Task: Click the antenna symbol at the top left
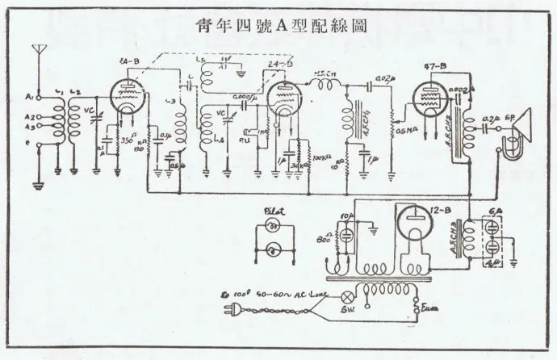pos(36,54)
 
